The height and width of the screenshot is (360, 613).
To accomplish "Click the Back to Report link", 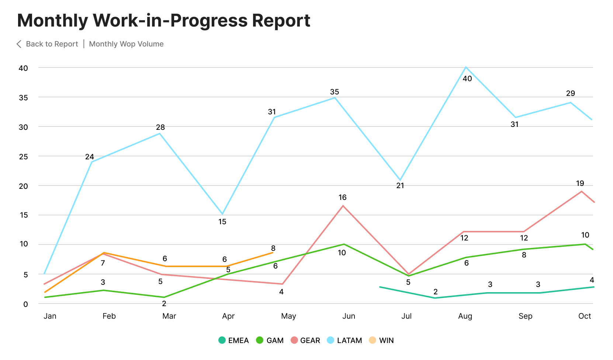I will [x=52, y=44].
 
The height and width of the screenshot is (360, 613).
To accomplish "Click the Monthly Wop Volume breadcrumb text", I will [x=126, y=44].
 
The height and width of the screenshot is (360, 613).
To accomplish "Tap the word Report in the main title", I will [x=281, y=20].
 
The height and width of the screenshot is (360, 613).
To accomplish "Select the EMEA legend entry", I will [x=233, y=340].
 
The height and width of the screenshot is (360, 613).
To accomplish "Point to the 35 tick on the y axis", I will [x=23, y=98].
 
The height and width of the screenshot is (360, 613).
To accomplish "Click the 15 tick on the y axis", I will [x=24, y=215].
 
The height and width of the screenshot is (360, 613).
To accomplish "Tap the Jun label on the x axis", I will [x=349, y=316].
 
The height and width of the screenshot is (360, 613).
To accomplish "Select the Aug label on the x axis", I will [x=465, y=316].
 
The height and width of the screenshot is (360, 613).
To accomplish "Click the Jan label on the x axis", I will [x=50, y=316].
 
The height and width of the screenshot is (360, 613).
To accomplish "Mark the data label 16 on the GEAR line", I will [x=342, y=198].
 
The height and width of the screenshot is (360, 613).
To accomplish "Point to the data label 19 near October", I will [x=580, y=183].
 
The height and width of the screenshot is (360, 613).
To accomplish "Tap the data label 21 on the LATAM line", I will [x=400, y=186].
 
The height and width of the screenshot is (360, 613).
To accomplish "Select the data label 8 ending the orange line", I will [x=273, y=248].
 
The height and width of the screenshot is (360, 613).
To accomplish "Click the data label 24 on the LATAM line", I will [x=90, y=157].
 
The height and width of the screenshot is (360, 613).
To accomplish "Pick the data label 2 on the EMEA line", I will [x=436, y=292].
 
